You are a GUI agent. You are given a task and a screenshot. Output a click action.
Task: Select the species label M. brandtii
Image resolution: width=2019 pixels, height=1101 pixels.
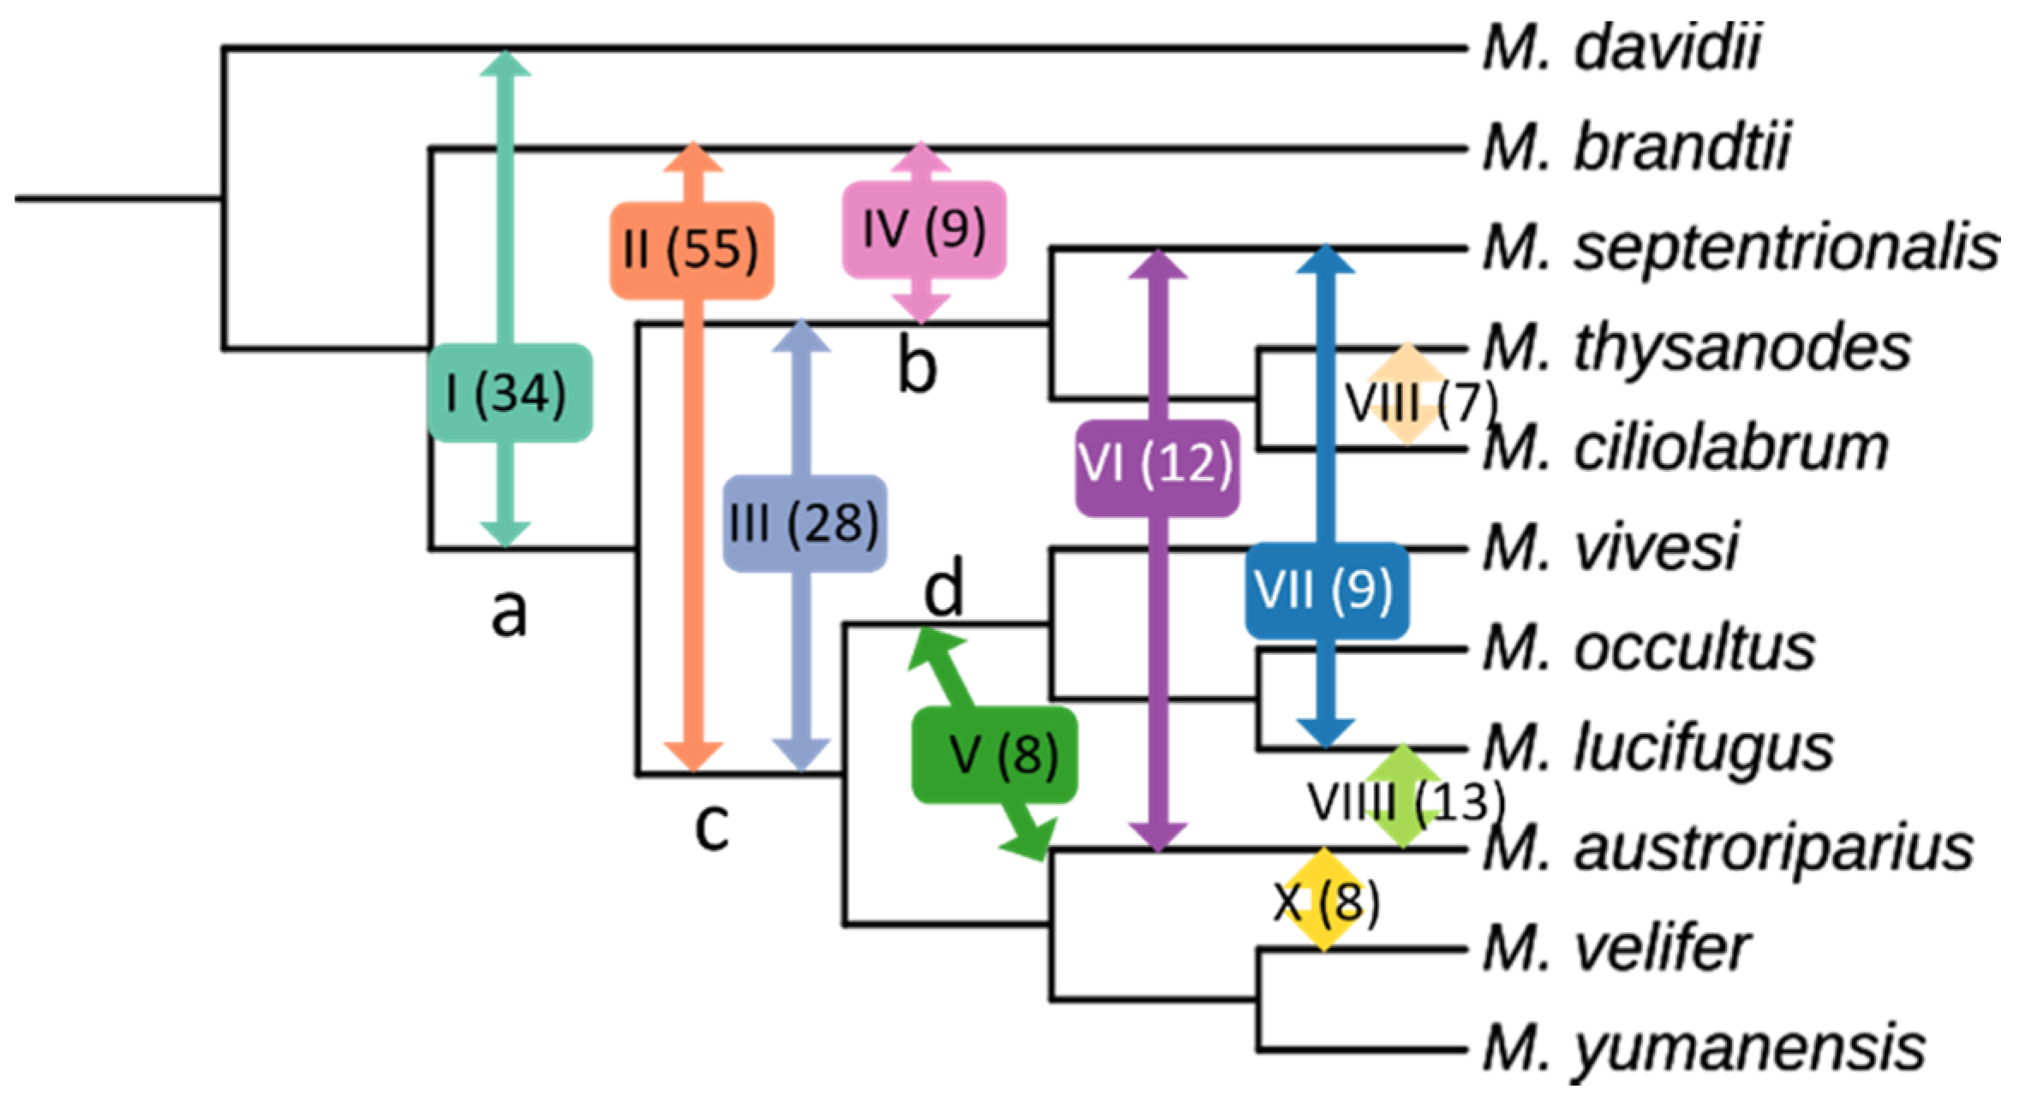pyautogui.click(x=1636, y=147)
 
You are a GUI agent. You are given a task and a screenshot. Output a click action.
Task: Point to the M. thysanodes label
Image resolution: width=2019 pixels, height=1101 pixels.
pyautogui.click(x=1696, y=348)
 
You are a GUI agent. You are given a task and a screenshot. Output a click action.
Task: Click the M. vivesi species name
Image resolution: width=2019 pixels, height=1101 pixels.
pyautogui.click(x=1610, y=548)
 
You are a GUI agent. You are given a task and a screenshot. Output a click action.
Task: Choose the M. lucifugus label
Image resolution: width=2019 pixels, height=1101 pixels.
pyautogui.click(x=1658, y=748)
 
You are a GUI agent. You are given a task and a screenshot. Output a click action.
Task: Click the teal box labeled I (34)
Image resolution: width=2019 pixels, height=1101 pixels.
pyautogui.click(x=510, y=393)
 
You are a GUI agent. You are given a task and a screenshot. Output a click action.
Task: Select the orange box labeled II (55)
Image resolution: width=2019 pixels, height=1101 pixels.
pyautogui.click(x=691, y=250)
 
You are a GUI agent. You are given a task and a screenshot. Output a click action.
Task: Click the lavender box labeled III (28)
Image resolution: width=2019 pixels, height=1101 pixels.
pyautogui.click(x=804, y=523)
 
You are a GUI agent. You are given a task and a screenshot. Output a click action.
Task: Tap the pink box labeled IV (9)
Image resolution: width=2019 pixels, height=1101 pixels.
pyautogui.click(x=923, y=229)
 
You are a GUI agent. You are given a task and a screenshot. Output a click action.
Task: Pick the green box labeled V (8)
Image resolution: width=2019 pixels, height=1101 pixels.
pyautogui.click(x=994, y=755)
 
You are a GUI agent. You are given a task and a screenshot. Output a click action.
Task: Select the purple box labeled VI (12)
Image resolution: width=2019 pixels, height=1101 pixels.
pyautogui.click(x=1156, y=467)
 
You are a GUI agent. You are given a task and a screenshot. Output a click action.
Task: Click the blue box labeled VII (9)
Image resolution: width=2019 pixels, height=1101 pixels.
pyautogui.click(x=1326, y=590)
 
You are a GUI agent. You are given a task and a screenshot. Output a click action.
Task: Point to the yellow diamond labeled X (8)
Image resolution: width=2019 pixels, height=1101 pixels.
pyautogui.click(x=1324, y=900)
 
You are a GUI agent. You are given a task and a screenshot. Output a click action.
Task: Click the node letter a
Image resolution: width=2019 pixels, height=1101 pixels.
pyautogui.click(x=509, y=612)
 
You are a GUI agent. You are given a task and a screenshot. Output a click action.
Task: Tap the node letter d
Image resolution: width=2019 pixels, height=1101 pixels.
pyautogui.click(x=944, y=588)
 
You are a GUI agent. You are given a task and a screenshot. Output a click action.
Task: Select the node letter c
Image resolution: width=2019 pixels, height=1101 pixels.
pyautogui.click(x=712, y=826)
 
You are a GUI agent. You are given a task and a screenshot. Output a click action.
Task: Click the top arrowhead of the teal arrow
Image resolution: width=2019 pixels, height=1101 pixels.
pyautogui.click(x=505, y=63)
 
